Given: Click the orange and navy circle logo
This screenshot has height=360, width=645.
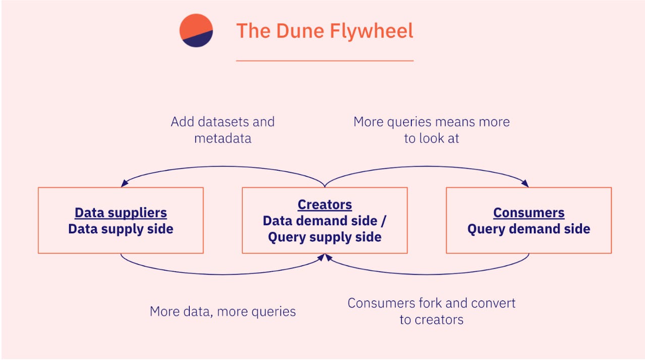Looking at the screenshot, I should pos(196,30).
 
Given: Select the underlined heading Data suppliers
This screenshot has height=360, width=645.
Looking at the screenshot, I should pos(121,213).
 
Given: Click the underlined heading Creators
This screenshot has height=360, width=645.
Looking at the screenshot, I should pos(325,204).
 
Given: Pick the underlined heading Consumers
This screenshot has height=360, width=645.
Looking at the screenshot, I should pos(528,213).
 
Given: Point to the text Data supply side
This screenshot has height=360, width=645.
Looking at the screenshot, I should pos(121,229).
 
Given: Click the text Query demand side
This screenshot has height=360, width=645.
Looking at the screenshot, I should pos(528,229).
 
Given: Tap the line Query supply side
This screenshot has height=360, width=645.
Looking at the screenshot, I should pos(325,237).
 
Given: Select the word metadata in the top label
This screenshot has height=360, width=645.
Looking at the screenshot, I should pos(223,138).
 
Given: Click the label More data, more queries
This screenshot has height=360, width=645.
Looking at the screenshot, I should pos(223,311).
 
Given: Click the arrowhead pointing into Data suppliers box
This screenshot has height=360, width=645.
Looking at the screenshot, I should pos(124,184).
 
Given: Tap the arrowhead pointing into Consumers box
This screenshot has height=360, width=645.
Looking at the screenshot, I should pos(525,184).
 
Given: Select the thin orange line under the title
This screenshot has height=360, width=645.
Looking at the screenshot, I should pos(325,61).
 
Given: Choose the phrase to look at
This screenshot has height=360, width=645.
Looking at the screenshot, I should pos(432,138).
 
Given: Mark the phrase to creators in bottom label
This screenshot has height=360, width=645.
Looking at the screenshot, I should pos(432,320).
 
